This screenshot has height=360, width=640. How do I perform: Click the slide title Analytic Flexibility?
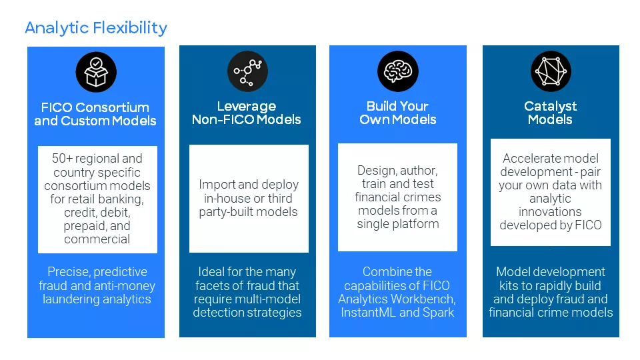click(95, 28)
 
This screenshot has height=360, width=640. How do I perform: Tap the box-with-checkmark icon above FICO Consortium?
click(95, 72)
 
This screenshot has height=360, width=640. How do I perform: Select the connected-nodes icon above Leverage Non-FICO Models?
click(247, 71)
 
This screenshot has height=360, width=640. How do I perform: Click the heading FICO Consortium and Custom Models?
click(95, 114)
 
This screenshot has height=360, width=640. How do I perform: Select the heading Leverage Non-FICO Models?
click(247, 113)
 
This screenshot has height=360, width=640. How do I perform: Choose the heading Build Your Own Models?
click(398, 113)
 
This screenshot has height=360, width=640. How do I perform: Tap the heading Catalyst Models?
click(551, 113)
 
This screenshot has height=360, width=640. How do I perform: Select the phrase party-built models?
click(249, 212)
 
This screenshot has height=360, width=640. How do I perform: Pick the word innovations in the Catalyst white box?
click(551, 211)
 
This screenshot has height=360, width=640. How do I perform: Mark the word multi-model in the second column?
click(268, 299)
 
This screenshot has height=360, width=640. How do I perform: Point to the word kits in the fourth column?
click(505, 285)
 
